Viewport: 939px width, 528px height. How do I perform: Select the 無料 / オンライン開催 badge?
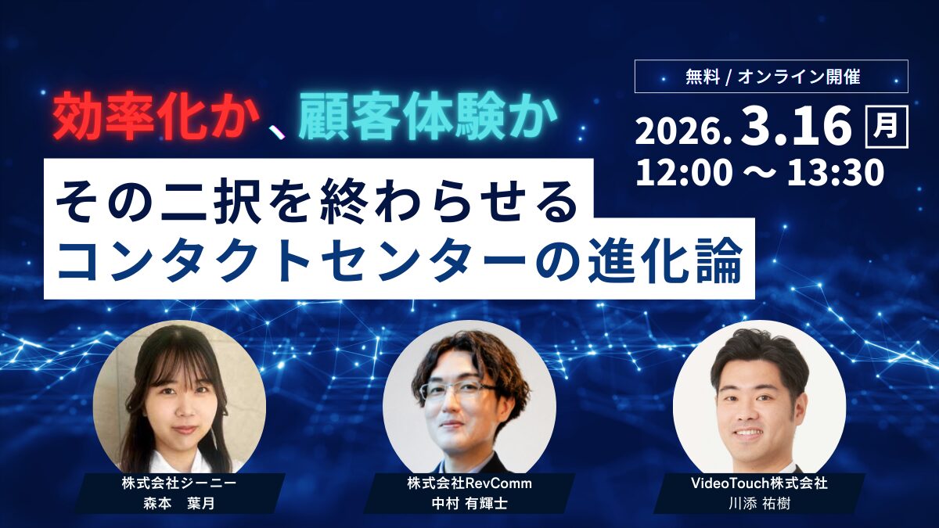(771, 77)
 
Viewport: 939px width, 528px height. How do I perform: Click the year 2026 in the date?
(681, 131)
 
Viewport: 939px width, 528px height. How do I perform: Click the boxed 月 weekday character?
(887, 127)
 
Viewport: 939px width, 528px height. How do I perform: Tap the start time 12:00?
(684, 173)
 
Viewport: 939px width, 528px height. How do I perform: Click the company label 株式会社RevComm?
(469, 483)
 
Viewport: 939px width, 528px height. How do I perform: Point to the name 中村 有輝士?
(469, 503)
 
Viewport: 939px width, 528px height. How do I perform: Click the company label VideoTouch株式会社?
(759, 483)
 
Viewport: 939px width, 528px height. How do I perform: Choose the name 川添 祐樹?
(759, 503)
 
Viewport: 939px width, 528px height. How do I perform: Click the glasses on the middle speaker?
(458, 389)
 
